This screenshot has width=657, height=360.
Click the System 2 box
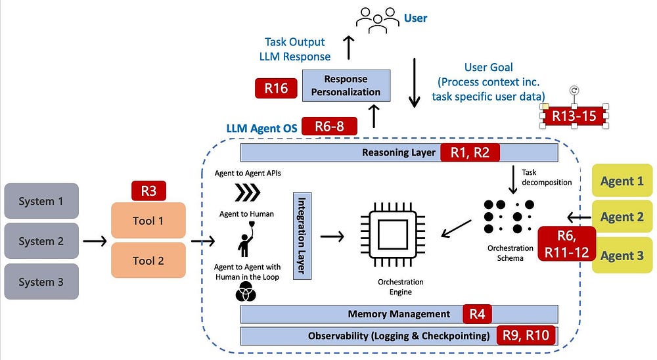click(x=41, y=241)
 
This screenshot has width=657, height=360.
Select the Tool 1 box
click(x=148, y=221)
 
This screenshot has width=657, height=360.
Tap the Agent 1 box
click(x=622, y=181)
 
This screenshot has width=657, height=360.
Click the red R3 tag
click(x=148, y=191)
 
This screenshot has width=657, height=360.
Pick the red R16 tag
click(x=276, y=88)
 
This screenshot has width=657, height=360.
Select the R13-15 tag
click(x=574, y=116)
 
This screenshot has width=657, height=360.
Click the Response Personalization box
click(x=346, y=85)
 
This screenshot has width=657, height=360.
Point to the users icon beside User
click(x=378, y=20)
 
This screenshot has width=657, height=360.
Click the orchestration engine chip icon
click(x=393, y=235)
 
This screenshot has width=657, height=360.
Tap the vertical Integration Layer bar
click(x=302, y=236)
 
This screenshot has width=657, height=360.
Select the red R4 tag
click(x=477, y=314)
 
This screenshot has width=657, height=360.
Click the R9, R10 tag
click(x=526, y=335)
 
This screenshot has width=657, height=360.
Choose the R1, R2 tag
click(x=470, y=152)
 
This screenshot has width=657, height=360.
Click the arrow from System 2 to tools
click(x=95, y=241)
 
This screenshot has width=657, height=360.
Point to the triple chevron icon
click(x=248, y=192)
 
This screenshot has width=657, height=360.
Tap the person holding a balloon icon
click(x=246, y=239)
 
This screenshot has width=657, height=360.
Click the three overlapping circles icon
click(x=246, y=292)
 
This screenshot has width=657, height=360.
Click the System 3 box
click(x=41, y=282)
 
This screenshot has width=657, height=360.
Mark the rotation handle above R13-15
click(x=574, y=90)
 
